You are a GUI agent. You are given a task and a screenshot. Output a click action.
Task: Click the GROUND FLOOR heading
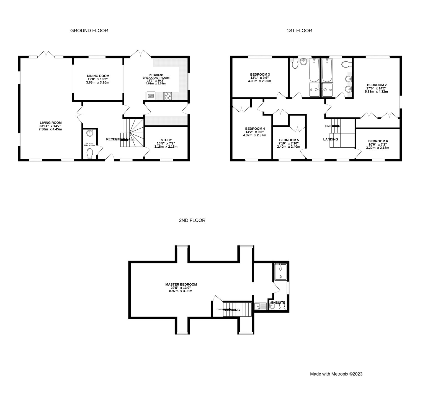(89, 31)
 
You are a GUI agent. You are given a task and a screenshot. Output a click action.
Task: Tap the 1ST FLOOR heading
(299, 31)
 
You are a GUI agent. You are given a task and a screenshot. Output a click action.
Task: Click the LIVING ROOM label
(51, 123)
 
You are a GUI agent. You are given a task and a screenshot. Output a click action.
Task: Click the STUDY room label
(166, 140)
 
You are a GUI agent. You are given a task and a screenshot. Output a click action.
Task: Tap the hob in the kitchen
(168, 96)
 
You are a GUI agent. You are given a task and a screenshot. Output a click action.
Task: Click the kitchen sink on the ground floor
(151, 96)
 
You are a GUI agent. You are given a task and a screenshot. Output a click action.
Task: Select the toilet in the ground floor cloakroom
(90, 153)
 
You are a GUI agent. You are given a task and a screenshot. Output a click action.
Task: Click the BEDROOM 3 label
(260, 75)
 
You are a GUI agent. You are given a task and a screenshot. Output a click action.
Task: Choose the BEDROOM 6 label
(378, 141)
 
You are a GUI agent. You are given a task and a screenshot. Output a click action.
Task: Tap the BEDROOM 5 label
(289, 140)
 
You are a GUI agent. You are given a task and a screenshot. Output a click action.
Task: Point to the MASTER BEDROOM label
(181, 284)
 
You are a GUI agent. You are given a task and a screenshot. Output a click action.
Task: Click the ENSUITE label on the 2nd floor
(278, 303)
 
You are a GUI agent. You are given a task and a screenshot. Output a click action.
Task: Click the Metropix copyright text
(336, 374)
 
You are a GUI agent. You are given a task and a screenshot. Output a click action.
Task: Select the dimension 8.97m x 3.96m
(181, 291)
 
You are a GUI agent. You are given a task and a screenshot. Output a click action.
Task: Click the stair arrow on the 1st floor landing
(336, 126)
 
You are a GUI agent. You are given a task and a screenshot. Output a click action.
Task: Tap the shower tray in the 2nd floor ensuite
(280, 272)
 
